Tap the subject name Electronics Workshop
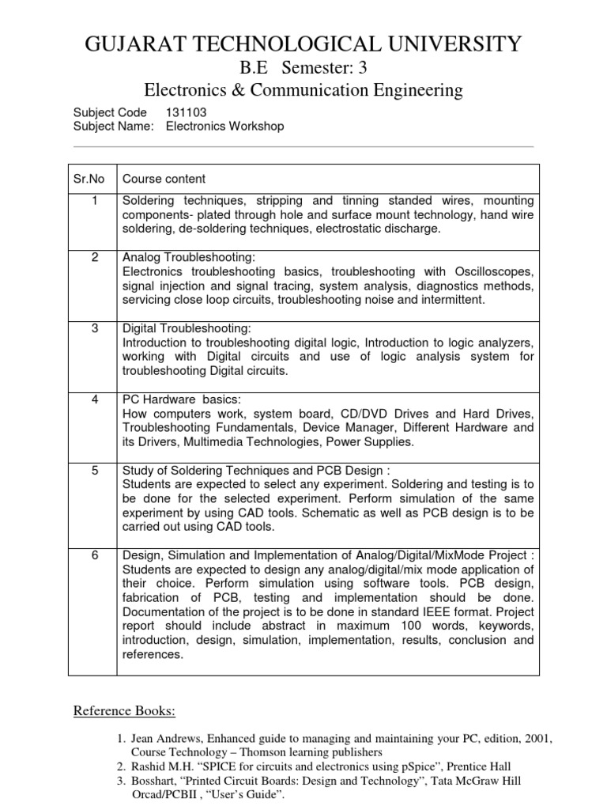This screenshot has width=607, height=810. (x=224, y=127)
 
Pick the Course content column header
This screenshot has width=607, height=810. (x=164, y=179)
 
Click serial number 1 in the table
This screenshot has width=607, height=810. (x=95, y=201)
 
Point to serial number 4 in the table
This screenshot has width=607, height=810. (x=95, y=399)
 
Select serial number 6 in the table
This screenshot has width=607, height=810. (x=95, y=555)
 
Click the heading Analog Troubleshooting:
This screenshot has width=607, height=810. (x=188, y=258)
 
